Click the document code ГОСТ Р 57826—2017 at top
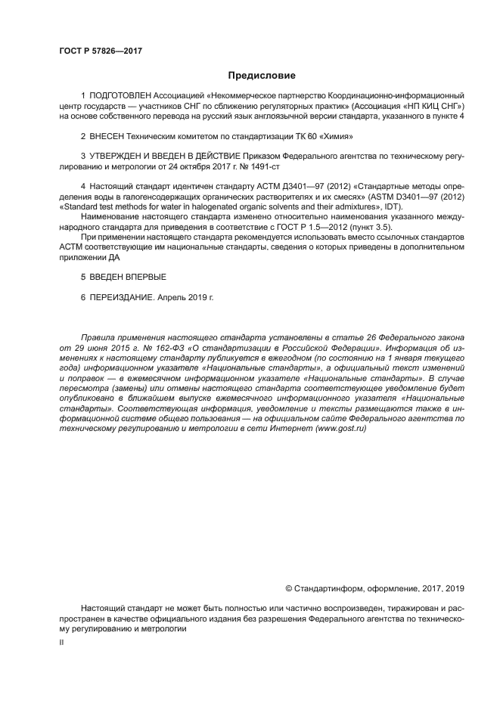click(101, 51)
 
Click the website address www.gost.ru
click(335, 428)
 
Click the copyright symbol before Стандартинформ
click(288, 588)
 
